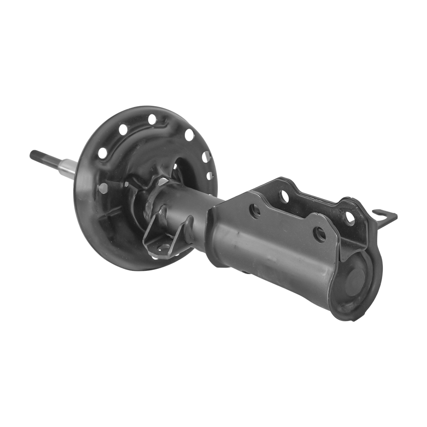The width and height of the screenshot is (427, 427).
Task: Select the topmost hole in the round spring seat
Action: pyautogui.click(x=152, y=119)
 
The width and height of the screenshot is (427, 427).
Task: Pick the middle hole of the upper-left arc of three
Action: pyautogui.click(x=123, y=130)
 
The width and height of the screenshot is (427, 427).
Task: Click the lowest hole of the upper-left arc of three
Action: pyautogui.click(x=102, y=153)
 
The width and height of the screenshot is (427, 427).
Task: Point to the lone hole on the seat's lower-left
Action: pyautogui.click(x=103, y=188)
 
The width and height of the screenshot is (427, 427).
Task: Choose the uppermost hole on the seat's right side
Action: pyautogui.click(x=189, y=135)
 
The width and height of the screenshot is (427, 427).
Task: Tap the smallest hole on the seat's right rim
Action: pyautogui.click(x=209, y=175)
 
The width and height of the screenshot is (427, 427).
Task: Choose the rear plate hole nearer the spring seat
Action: pyautogui.click(x=284, y=195)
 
